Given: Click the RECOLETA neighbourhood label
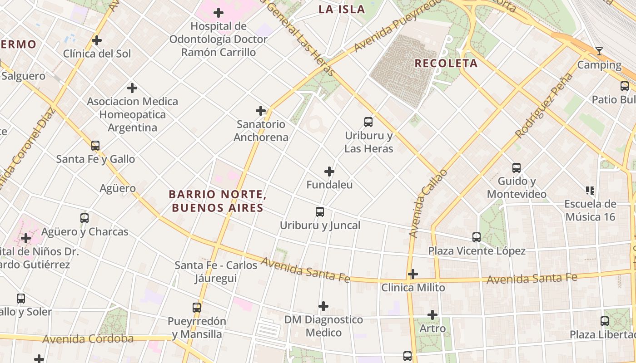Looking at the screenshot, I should click(x=446, y=64).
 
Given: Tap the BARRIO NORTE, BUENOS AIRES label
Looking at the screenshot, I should click(x=217, y=201).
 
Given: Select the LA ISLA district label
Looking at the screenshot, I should click(x=342, y=10).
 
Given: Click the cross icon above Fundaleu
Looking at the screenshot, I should click(x=329, y=172).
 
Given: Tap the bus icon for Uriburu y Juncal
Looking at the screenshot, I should click(x=320, y=211).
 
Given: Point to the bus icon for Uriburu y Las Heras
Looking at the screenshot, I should click(x=368, y=122).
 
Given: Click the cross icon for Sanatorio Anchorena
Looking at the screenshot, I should click(x=261, y=111).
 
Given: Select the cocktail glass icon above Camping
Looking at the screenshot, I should click(x=599, y=51).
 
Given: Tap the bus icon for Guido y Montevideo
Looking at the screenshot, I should click(x=517, y=167).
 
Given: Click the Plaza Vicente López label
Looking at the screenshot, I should click(x=477, y=251).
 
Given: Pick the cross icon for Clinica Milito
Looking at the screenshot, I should click(x=413, y=274).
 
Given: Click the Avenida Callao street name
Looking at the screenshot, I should click(x=427, y=203).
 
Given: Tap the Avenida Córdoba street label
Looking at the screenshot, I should click(x=88, y=339).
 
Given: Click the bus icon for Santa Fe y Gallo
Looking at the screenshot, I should click(x=95, y=146).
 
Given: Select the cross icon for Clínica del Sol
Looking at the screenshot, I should click(x=97, y=40).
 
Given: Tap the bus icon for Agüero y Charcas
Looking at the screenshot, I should click(x=84, y=218).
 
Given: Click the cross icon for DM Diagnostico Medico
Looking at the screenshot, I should click(x=323, y=306).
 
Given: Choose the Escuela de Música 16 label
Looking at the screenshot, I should click(x=590, y=210).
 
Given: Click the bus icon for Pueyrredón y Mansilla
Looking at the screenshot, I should click(x=197, y=307).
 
